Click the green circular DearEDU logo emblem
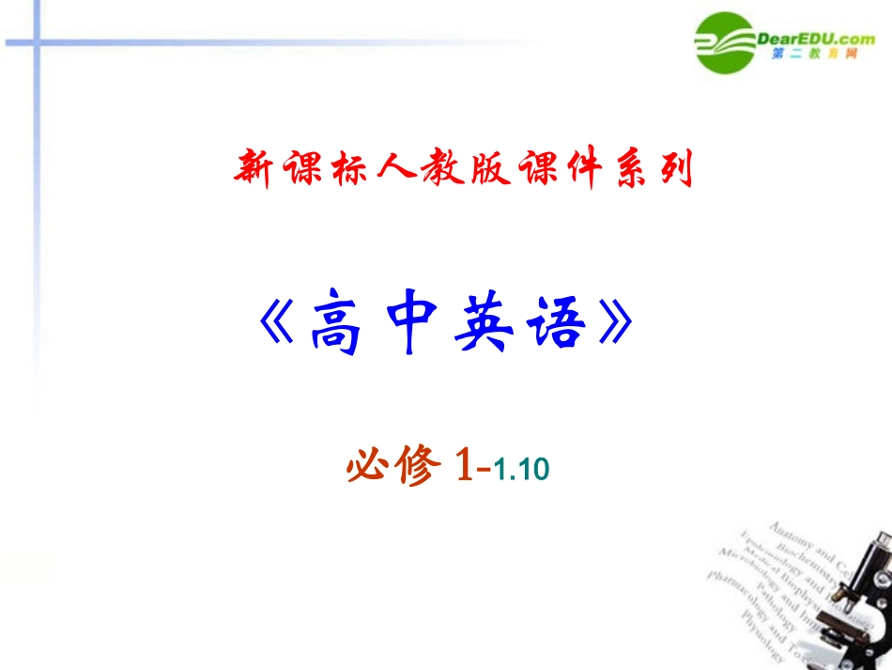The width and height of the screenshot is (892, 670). point(725,42)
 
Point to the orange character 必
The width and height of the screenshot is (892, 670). point(368,465)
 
